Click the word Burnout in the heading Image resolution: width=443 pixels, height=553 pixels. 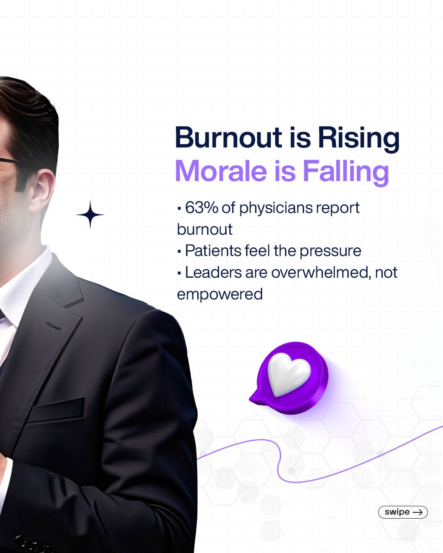click(228, 138)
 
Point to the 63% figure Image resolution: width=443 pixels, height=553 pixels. click(202, 208)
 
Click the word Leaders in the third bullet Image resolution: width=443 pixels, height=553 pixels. click(213, 272)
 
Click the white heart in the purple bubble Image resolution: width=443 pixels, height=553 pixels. click(288, 374)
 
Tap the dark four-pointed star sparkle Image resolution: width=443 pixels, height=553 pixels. click(90, 215)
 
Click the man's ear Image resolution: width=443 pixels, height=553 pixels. click(43, 193)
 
